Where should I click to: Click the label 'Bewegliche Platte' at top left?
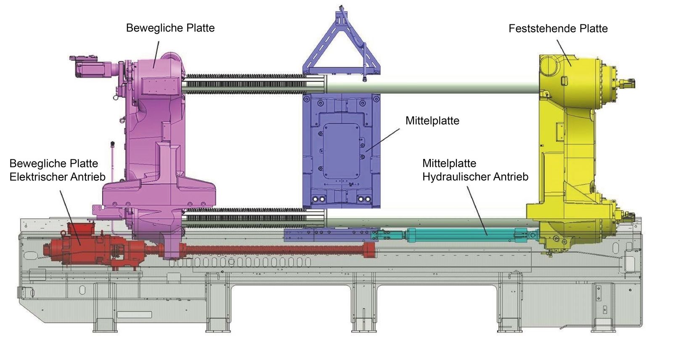point(170,28)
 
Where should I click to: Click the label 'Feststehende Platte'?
point(558,29)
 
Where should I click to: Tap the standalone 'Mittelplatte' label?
point(432,121)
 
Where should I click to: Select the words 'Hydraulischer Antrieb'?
point(475,177)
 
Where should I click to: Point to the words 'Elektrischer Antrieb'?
point(57,177)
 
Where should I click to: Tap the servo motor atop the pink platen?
point(90,67)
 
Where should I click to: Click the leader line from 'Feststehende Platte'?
point(564,53)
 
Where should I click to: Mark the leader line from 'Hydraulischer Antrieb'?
point(477,210)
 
